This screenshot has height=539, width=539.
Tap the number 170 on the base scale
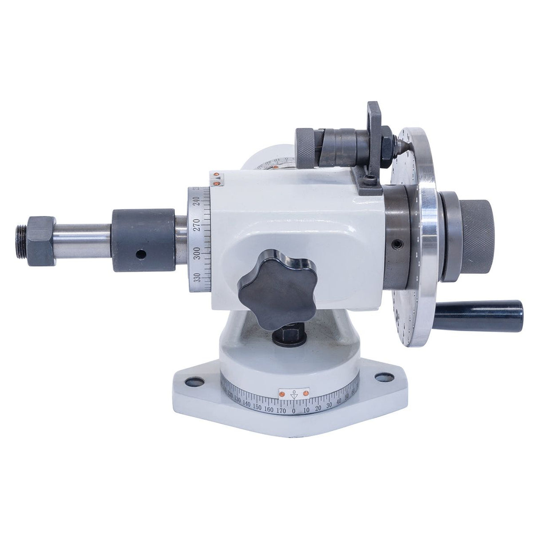[x=281, y=410]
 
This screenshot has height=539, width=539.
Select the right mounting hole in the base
[x=380, y=377]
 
